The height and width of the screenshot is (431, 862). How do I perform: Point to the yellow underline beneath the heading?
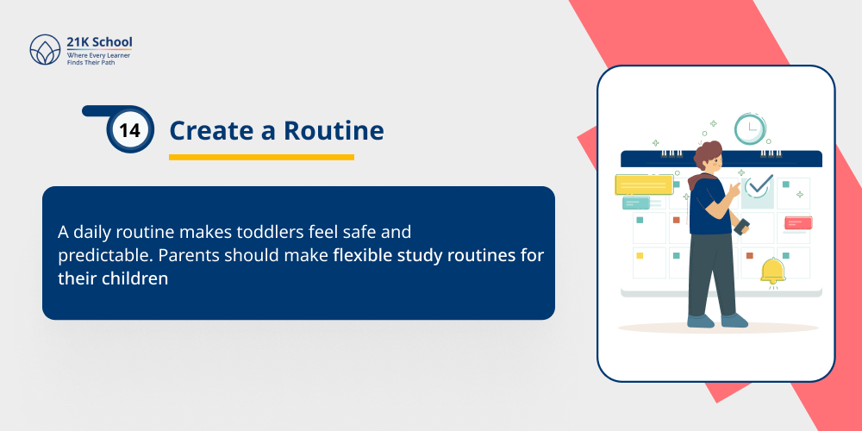coord(261,157)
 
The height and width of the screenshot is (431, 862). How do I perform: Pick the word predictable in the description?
coord(97,256)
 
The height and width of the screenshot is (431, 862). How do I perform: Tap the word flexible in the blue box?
coord(362,256)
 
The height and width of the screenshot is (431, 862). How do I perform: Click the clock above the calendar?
coord(751,128)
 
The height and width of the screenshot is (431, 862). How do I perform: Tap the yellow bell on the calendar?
coord(772,271)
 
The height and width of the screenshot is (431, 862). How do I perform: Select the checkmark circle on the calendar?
coord(759,184)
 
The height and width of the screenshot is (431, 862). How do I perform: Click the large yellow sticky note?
coord(644,184)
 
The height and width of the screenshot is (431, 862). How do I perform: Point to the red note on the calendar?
coord(797,223)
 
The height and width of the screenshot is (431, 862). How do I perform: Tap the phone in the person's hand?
coord(741,226)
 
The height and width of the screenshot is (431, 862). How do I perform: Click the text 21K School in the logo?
coord(100,42)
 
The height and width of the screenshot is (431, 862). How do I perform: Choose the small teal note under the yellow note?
coord(636,203)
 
